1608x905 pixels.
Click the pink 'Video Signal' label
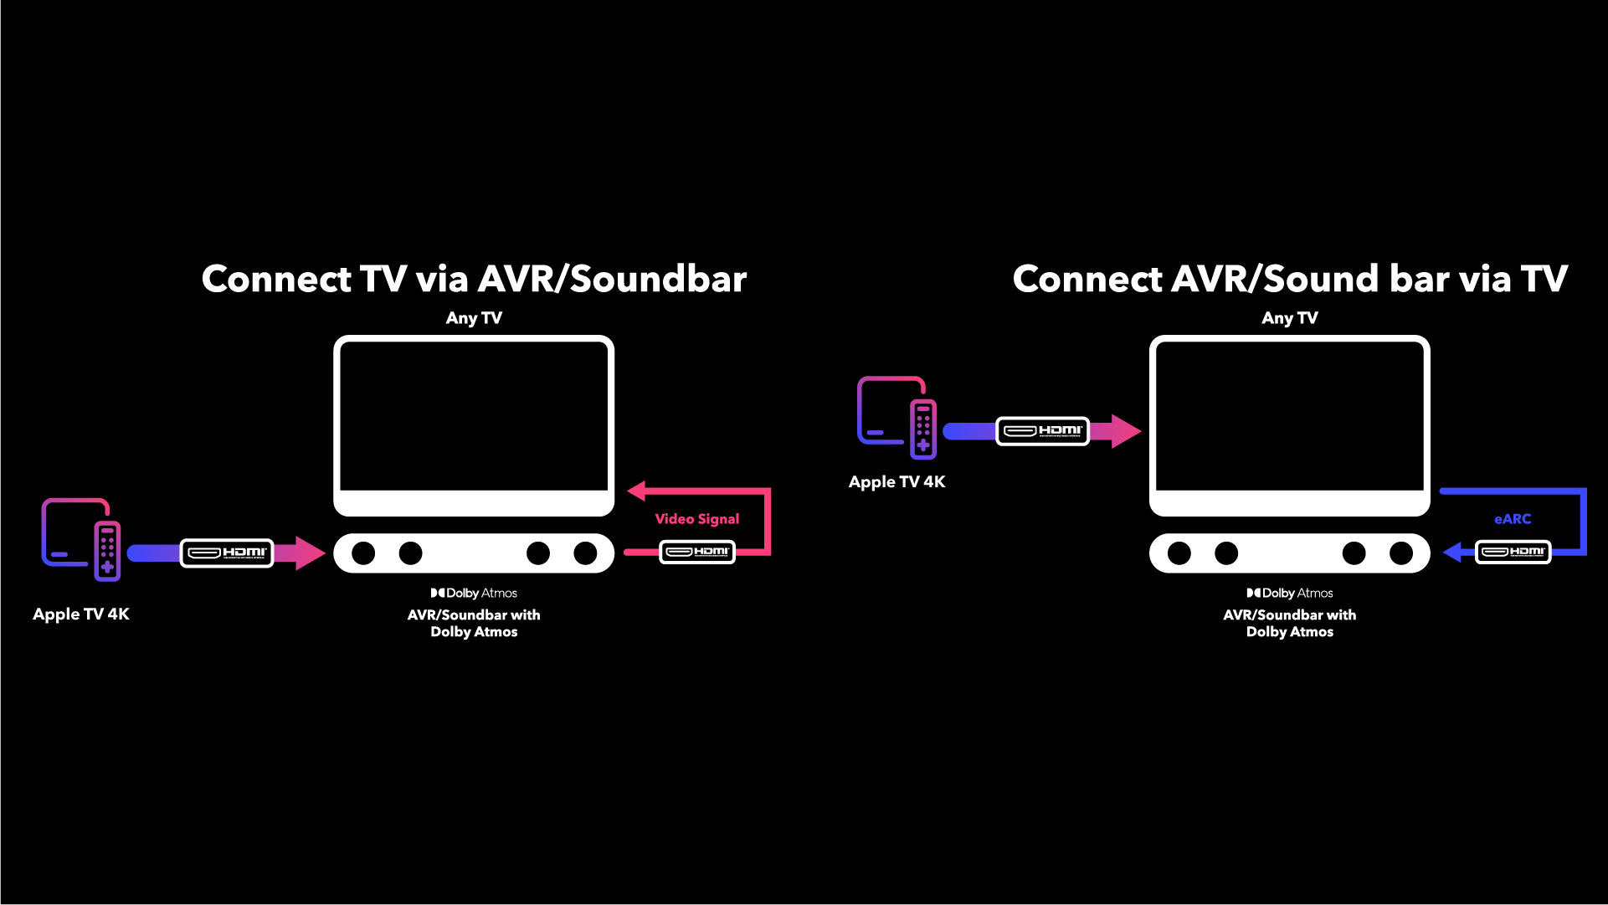point(696,519)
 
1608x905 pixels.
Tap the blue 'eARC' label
point(1512,519)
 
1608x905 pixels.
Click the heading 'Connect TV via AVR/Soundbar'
point(474,279)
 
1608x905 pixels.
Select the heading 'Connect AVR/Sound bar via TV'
point(1290,279)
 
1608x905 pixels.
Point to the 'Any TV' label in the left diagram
point(474,318)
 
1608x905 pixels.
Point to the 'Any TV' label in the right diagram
point(1289,318)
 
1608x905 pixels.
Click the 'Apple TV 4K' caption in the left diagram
point(81,614)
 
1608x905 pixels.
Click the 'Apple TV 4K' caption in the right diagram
point(896,481)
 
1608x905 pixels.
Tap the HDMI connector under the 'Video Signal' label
point(697,552)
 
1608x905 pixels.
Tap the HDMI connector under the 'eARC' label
point(1513,552)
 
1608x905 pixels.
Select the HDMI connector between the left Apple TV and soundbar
point(227,553)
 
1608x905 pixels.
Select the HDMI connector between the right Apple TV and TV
point(1042,431)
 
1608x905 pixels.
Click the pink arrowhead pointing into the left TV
point(636,491)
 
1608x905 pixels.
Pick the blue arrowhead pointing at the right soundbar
point(1452,553)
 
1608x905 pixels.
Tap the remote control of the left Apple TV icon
point(107,551)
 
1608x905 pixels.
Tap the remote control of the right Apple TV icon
point(923,429)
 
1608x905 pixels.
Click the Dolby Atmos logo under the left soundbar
point(474,593)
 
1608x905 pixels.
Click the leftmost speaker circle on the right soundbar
point(1179,553)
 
